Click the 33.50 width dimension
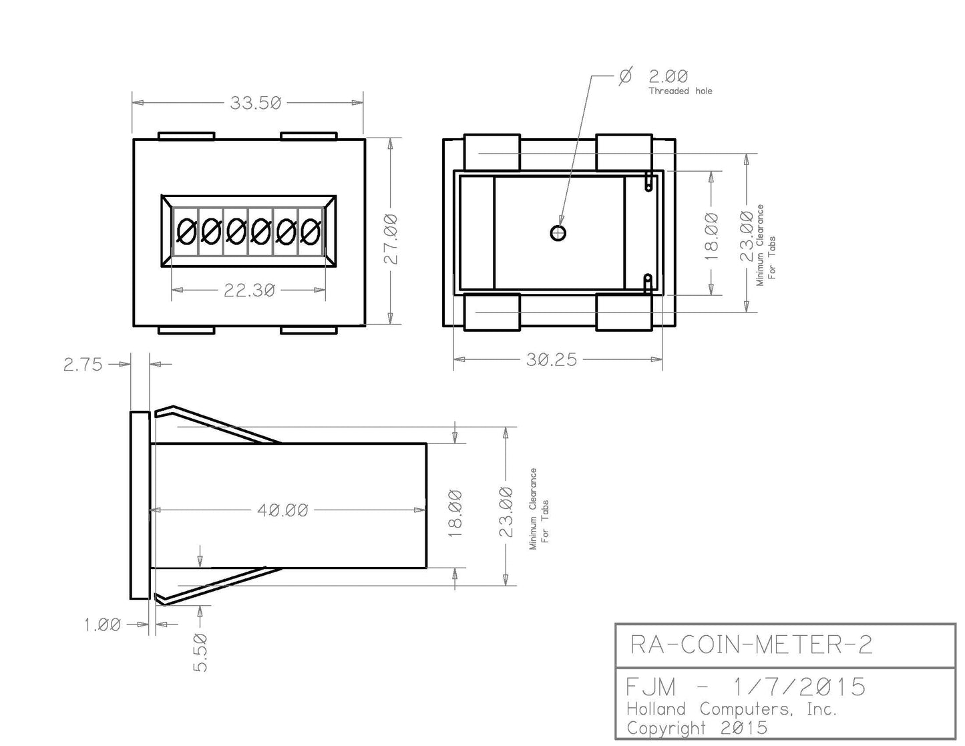255,103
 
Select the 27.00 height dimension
391,238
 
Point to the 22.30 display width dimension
249,291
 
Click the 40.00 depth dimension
282,510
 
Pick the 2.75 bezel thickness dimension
83,365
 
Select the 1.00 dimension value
102,624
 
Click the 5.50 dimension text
200,652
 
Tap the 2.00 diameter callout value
668,76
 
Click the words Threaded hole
681,91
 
